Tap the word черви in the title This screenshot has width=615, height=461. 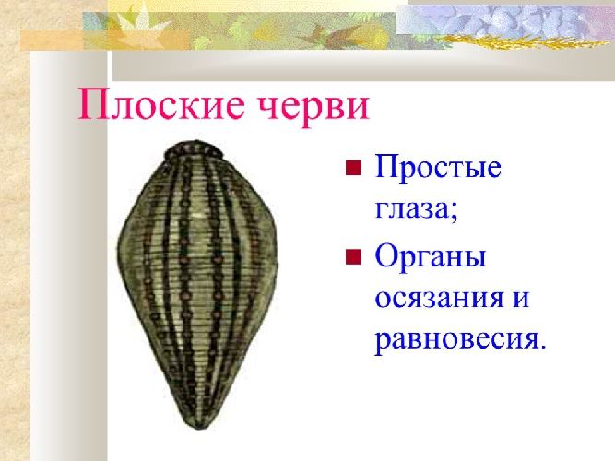pos(308,106)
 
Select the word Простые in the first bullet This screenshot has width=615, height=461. pos(438,170)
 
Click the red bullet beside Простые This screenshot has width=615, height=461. pos(351,169)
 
